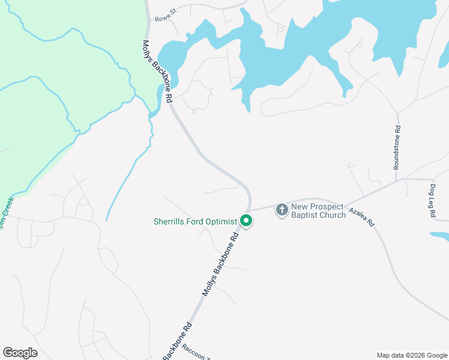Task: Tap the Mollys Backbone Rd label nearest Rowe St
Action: (x=157, y=71)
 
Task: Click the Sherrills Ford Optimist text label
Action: (x=196, y=221)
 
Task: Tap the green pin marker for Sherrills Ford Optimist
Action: (x=246, y=221)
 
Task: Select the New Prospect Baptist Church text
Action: (x=318, y=211)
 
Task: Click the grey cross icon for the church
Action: (x=282, y=210)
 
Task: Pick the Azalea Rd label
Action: (x=362, y=216)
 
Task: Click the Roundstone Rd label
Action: (x=397, y=148)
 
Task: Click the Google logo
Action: (x=20, y=353)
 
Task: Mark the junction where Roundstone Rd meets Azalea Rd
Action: (x=397, y=179)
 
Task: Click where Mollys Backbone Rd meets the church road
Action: (x=250, y=211)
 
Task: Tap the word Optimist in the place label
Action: (x=221, y=221)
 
